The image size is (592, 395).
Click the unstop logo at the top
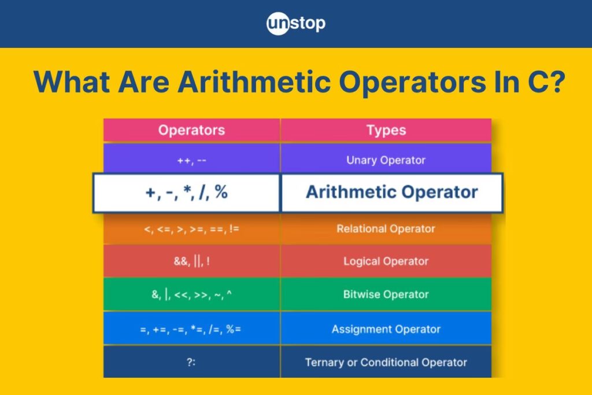pyautogui.click(x=295, y=23)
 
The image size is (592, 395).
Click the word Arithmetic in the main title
pyautogui.click(x=254, y=82)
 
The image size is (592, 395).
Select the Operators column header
pyautogui.click(x=192, y=130)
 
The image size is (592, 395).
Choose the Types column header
pyautogui.click(x=386, y=130)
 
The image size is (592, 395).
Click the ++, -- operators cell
pyautogui.click(x=192, y=161)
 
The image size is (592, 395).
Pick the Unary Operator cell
pyautogui.click(x=386, y=160)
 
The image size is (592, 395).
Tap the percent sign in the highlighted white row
pyautogui.click(x=221, y=192)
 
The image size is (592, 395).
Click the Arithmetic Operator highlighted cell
pyautogui.click(x=392, y=193)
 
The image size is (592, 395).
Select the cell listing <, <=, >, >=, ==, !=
pyautogui.click(x=192, y=229)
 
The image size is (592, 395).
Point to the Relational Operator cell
pyautogui.click(x=386, y=229)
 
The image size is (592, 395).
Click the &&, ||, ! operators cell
pyautogui.click(x=192, y=261)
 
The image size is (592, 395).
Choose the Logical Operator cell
pyautogui.click(x=386, y=261)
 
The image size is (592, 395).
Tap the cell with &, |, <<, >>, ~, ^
pyautogui.click(x=192, y=294)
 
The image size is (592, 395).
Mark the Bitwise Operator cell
pyautogui.click(x=386, y=294)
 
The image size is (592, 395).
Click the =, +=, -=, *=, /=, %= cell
pyautogui.click(x=192, y=329)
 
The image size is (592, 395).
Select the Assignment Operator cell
pyautogui.click(x=386, y=329)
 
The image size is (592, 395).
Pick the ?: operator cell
pyautogui.click(x=192, y=362)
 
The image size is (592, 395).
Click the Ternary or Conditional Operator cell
pyautogui.click(x=386, y=362)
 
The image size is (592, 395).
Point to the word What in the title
pyautogui.click(x=72, y=82)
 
